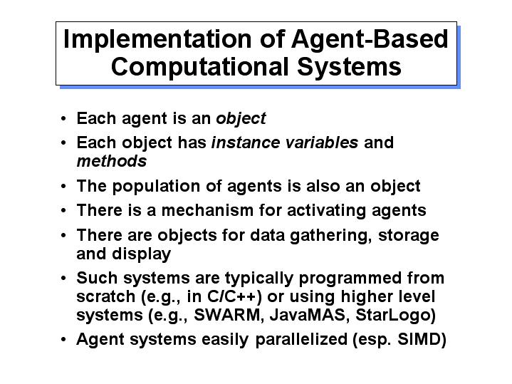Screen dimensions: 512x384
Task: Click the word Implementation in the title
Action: (x=157, y=39)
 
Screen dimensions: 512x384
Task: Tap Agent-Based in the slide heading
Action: (x=370, y=40)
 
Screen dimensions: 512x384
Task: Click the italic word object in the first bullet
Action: (x=241, y=119)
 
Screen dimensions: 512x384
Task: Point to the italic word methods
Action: (x=112, y=161)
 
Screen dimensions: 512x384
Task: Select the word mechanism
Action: (x=207, y=210)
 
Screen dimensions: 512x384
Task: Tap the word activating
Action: (x=327, y=211)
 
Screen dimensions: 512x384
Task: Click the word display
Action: (x=142, y=254)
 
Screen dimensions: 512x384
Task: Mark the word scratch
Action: (x=106, y=297)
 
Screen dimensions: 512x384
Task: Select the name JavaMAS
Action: (x=307, y=315)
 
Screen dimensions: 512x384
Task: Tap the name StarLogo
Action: (x=393, y=316)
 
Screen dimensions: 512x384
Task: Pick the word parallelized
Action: (x=301, y=340)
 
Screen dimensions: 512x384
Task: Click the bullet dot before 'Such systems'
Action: (x=63, y=279)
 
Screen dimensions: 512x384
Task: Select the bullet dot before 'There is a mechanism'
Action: (x=63, y=211)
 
